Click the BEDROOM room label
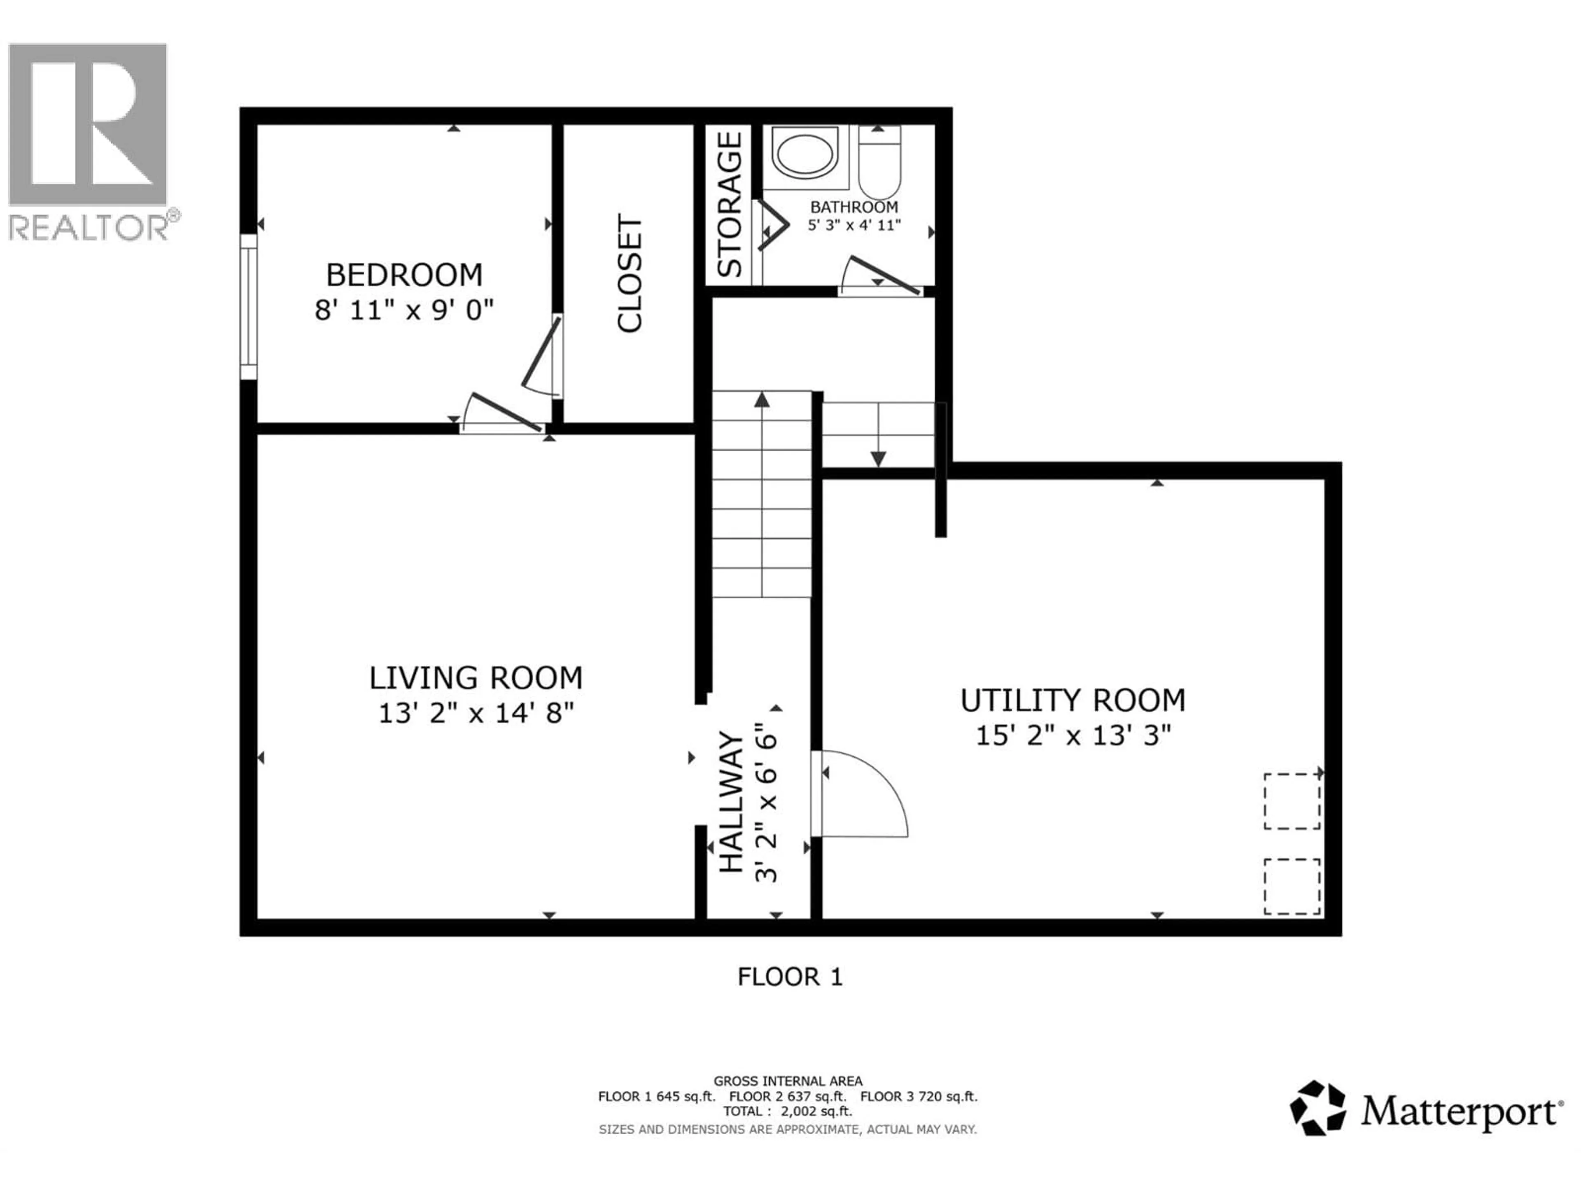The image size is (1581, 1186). pyautogui.click(x=404, y=275)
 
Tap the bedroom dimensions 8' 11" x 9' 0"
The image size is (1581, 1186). pyautogui.click(x=404, y=310)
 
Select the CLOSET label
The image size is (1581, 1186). pyautogui.click(x=630, y=274)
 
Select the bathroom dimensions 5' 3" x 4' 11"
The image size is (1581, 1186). pyautogui.click(x=854, y=224)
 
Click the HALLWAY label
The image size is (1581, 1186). pyautogui.click(x=730, y=802)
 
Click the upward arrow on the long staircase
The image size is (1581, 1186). pyautogui.click(x=762, y=400)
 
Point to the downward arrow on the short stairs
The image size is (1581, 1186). pyautogui.click(x=879, y=458)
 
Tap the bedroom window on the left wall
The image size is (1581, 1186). pyautogui.click(x=248, y=307)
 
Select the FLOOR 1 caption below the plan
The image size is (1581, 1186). pyautogui.click(x=790, y=976)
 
